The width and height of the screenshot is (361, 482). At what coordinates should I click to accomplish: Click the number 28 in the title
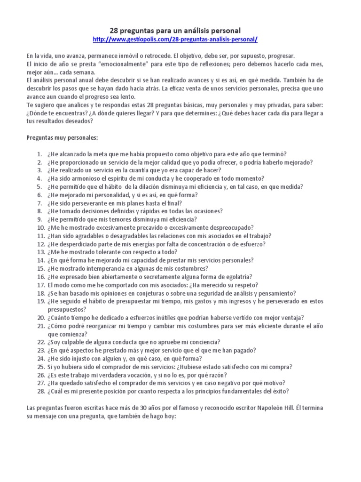pyautogui.click(x=115, y=30)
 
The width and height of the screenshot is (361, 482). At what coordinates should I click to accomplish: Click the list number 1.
pyautogui.click(x=39, y=154)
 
